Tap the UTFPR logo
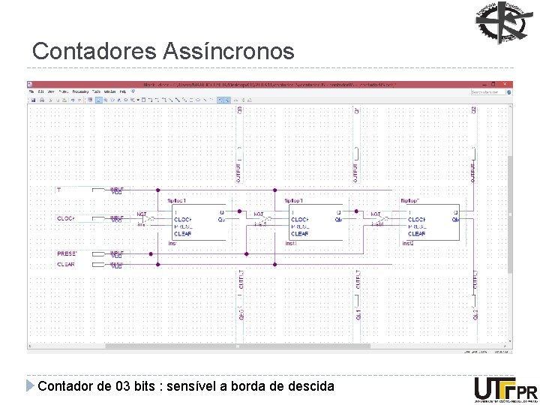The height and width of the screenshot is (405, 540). point(505,389)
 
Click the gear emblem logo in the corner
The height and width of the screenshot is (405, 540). point(503,23)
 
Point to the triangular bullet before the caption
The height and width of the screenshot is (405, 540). point(30,386)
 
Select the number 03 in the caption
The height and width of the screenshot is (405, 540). point(125,386)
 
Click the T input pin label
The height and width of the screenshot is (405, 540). point(58,190)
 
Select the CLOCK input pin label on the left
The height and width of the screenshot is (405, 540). point(67,218)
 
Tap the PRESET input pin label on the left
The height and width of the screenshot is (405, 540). point(67,254)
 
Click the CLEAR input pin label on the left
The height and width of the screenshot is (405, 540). point(66,264)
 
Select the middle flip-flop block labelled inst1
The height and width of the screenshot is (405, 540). point(313,221)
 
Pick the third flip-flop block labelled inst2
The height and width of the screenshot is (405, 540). point(430,221)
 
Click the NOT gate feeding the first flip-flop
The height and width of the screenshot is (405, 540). point(146,219)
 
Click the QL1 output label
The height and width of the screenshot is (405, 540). point(358,315)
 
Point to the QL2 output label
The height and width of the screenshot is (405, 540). point(475,315)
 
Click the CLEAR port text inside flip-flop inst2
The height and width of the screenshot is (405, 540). point(417,234)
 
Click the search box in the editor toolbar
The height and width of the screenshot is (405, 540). point(489,92)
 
